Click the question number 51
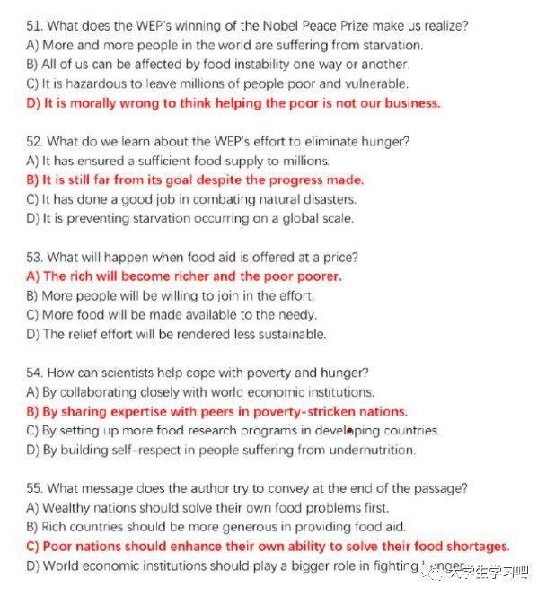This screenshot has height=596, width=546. pos(34,25)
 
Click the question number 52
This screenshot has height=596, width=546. pos(35,141)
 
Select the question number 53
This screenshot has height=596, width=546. pos(35,257)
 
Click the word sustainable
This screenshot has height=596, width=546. pos(291,334)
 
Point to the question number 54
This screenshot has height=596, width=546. pos(35,372)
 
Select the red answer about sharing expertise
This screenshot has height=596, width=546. pos(216,411)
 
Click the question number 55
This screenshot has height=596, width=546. pos(35,488)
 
